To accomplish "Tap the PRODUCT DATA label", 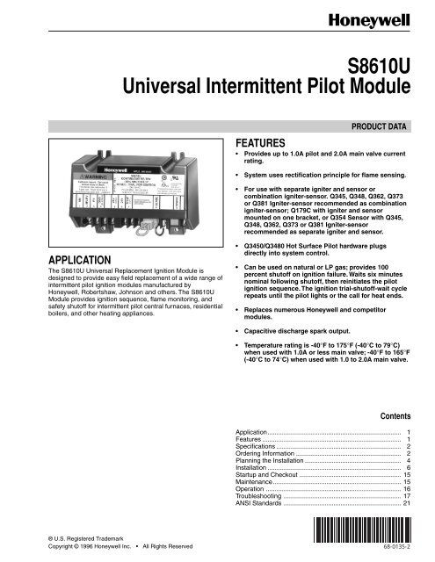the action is (379, 126).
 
